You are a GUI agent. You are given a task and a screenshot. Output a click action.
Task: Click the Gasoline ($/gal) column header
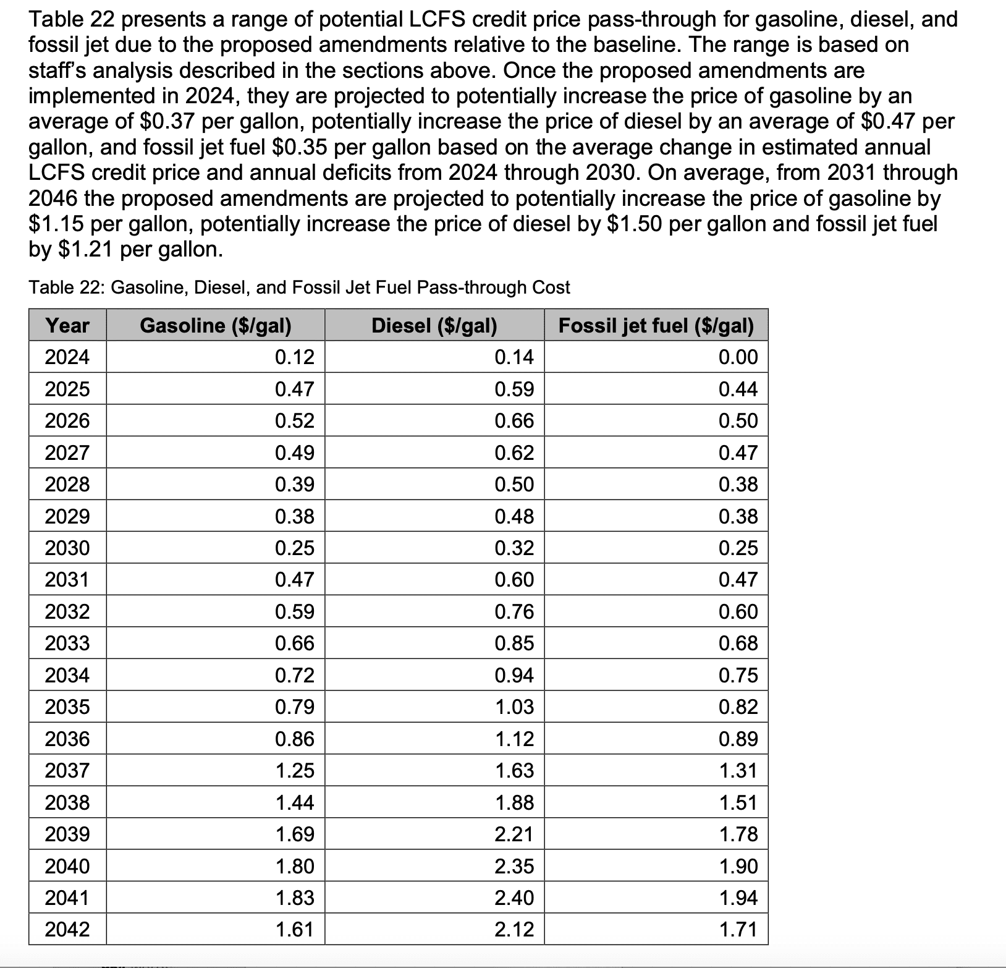click(216, 325)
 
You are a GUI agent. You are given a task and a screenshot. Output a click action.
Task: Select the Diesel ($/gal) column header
click(434, 325)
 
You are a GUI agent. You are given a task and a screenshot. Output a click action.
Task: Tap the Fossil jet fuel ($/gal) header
click(656, 325)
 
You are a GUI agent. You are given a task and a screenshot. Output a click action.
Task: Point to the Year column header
click(67, 325)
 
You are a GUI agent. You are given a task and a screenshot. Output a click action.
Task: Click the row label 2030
click(67, 548)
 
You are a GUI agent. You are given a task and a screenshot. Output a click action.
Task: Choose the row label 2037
click(67, 770)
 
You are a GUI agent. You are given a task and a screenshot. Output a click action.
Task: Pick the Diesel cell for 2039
click(514, 834)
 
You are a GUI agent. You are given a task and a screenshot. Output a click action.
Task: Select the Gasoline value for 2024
click(295, 357)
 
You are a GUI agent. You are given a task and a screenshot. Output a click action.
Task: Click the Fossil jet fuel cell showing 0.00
click(738, 357)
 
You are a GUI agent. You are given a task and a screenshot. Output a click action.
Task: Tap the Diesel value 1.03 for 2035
click(514, 707)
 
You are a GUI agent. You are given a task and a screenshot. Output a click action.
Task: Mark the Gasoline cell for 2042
click(295, 929)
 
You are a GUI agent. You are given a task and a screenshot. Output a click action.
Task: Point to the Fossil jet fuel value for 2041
click(738, 898)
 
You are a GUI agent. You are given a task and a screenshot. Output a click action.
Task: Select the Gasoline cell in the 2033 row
click(295, 643)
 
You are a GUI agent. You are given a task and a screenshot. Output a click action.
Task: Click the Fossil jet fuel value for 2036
click(738, 739)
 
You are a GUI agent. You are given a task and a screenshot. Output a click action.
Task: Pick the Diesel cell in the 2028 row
click(514, 484)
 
